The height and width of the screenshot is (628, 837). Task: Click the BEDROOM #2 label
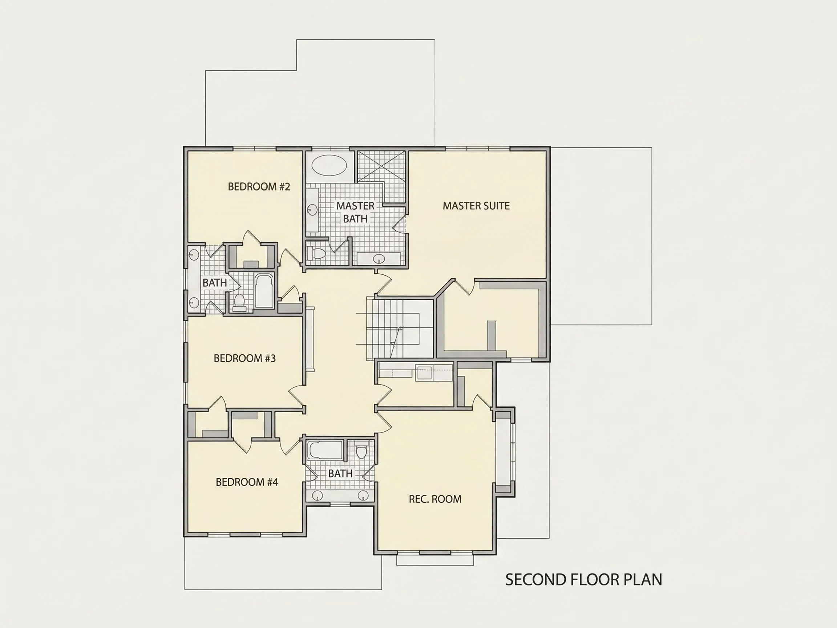pos(259,187)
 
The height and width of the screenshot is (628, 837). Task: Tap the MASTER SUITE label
pos(476,206)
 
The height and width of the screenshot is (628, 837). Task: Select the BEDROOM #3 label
pos(244,358)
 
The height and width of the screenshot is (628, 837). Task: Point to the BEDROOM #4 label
pos(247,482)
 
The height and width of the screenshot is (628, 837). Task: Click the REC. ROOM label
pos(435,499)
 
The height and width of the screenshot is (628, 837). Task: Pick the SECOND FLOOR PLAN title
pos(583,580)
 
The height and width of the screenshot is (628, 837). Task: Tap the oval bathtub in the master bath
pos(329,165)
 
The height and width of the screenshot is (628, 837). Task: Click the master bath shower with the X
pos(381,166)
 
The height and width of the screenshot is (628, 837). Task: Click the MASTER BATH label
pos(355,212)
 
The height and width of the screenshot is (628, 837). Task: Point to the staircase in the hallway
pos(400,328)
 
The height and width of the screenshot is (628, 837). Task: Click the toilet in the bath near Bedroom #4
pos(362,450)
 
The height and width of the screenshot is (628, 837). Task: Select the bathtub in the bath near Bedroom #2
pos(264,291)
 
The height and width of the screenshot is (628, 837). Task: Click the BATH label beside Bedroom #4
pos(340,474)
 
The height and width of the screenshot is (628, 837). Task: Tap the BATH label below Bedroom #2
pos(215,283)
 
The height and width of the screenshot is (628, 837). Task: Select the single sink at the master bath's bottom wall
pos(379,259)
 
